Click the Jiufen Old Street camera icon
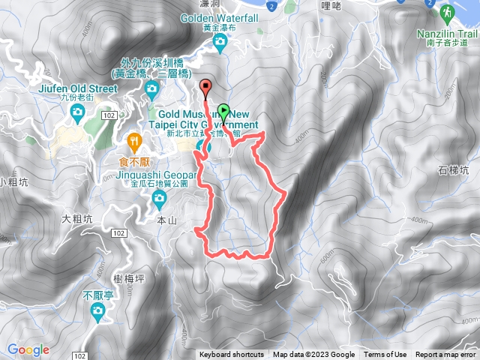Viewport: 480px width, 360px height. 77,112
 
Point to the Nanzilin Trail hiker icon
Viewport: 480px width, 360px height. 446,13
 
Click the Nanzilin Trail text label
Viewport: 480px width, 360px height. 448,34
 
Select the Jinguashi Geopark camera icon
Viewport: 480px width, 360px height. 158,199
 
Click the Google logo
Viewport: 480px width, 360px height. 28,349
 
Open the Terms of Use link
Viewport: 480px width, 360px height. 385,355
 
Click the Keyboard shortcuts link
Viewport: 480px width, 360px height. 232,355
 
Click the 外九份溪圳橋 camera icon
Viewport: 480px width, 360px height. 151,90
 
